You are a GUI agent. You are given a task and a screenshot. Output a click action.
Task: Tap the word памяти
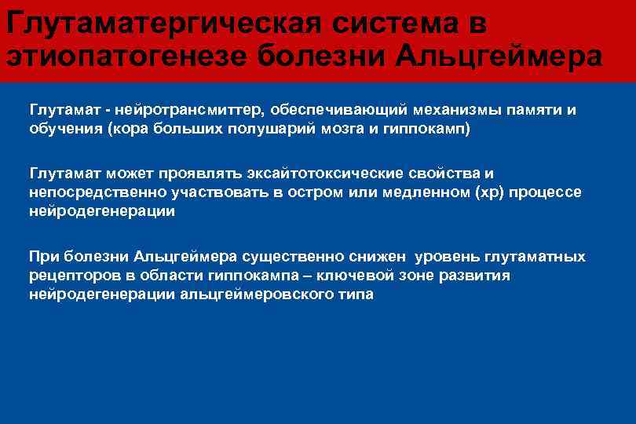pyautogui.click(x=535, y=109)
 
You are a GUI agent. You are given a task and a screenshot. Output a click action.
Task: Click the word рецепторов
pyautogui.click(x=70, y=276)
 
